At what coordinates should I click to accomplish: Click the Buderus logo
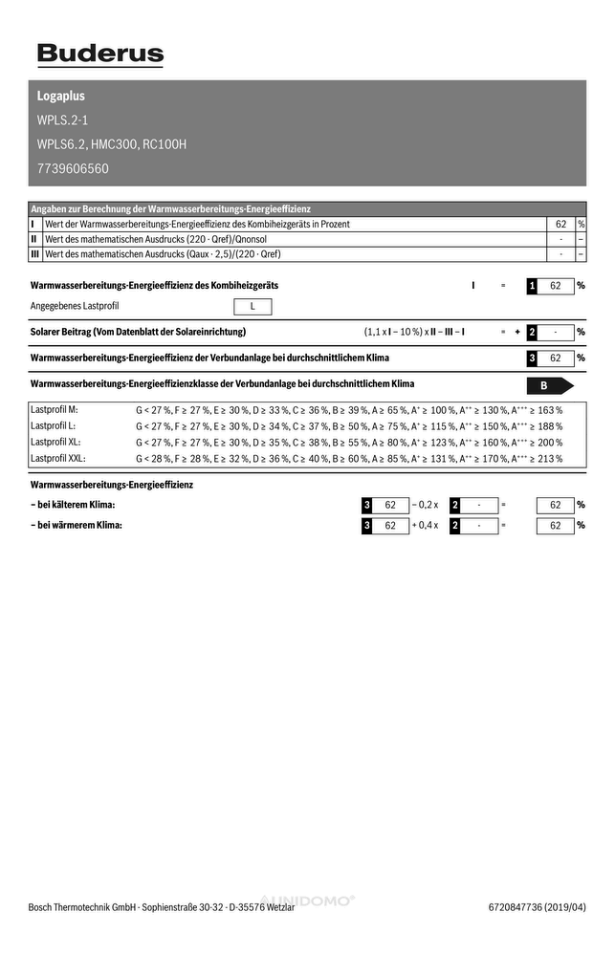[x=100, y=54]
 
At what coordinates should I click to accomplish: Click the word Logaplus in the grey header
[x=61, y=97]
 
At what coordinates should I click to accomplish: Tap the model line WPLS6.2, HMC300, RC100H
[x=112, y=145]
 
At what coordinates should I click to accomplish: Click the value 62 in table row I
[x=561, y=224]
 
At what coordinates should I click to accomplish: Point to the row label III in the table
[x=34, y=254]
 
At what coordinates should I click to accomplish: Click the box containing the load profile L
[x=253, y=307]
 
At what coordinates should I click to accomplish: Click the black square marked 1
[x=532, y=286]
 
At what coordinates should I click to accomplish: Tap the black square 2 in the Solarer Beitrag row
[x=532, y=332]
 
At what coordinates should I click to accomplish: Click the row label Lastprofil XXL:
[x=58, y=458]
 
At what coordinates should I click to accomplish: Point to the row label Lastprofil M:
[x=55, y=409]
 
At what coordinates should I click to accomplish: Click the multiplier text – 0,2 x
[x=424, y=505]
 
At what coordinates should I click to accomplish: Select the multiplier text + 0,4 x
[x=424, y=525]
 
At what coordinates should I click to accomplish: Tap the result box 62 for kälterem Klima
[x=555, y=505]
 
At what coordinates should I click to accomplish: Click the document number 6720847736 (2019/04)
[x=537, y=907]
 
